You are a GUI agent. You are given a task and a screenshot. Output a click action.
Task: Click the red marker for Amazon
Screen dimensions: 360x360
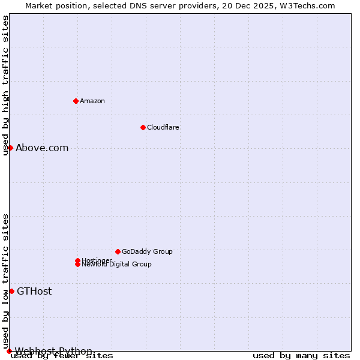[76, 101]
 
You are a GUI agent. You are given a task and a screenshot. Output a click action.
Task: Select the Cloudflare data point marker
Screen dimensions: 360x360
[143, 127]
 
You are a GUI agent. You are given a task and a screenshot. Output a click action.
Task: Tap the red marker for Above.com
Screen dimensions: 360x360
[10, 148]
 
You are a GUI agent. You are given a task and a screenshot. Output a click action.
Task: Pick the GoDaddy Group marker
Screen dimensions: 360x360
[118, 251]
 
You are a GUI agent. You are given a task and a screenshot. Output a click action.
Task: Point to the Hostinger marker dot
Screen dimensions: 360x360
[77, 260]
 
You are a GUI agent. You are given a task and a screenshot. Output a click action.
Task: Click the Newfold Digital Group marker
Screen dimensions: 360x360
[77, 265]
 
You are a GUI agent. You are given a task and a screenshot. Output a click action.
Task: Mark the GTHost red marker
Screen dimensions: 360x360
[11, 291]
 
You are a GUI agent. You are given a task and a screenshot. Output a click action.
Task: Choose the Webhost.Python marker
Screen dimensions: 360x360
[9, 351]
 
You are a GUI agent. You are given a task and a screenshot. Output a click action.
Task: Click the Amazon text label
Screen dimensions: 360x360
[92, 101]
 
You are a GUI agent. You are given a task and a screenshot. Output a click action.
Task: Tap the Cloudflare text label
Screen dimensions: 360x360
[163, 127]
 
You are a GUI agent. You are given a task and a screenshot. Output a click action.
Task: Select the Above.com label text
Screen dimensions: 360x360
[42, 148]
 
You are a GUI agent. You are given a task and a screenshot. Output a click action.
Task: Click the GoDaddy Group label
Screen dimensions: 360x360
[147, 251]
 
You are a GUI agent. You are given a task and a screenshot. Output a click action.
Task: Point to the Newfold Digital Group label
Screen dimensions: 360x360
[117, 265]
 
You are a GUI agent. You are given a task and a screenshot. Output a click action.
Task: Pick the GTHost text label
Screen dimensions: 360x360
[34, 292]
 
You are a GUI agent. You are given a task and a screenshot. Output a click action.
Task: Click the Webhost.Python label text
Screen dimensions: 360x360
[53, 351]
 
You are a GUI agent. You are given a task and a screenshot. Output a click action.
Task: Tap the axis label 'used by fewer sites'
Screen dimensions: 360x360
[62, 356]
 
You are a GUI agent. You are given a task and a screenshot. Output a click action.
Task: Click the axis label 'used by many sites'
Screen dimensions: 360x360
[301, 356]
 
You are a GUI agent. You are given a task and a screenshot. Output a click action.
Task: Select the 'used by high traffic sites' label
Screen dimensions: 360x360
[6, 85]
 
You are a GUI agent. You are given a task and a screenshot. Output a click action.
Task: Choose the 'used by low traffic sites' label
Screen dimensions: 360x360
[6, 281]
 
